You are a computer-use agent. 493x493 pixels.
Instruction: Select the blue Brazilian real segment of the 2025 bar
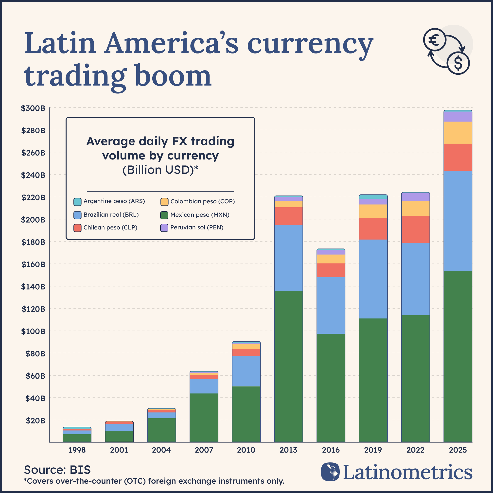coord(458,221)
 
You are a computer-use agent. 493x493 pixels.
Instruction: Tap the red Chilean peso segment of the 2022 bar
coord(415,229)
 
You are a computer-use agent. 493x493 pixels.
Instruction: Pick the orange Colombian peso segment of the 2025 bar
coord(458,133)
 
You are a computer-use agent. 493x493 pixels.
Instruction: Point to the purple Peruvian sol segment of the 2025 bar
coord(458,117)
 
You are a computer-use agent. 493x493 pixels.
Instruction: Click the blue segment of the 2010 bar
coord(246,371)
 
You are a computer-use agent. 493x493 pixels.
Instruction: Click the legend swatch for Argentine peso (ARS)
coord(77,202)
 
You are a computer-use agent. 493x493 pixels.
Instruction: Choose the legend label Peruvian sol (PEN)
coord(197,227)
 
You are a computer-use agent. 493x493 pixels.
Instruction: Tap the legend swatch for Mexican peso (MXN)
coord(164,215)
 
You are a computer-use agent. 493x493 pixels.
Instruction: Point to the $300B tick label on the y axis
coord(33,108)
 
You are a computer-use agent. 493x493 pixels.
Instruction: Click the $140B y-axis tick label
coord(33,287)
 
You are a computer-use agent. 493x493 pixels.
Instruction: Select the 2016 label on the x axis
coord(331,450)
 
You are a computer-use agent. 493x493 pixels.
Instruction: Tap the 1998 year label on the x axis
coord(77,450)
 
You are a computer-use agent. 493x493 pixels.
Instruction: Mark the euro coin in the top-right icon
coord(435,40)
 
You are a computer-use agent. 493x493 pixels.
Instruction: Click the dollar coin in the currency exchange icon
coord(458,63)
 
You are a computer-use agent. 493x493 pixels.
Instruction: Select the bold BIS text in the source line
coord(80,470)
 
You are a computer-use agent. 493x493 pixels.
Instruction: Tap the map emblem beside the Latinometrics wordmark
coord(330,472)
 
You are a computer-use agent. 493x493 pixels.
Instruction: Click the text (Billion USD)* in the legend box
coord(160,170)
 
